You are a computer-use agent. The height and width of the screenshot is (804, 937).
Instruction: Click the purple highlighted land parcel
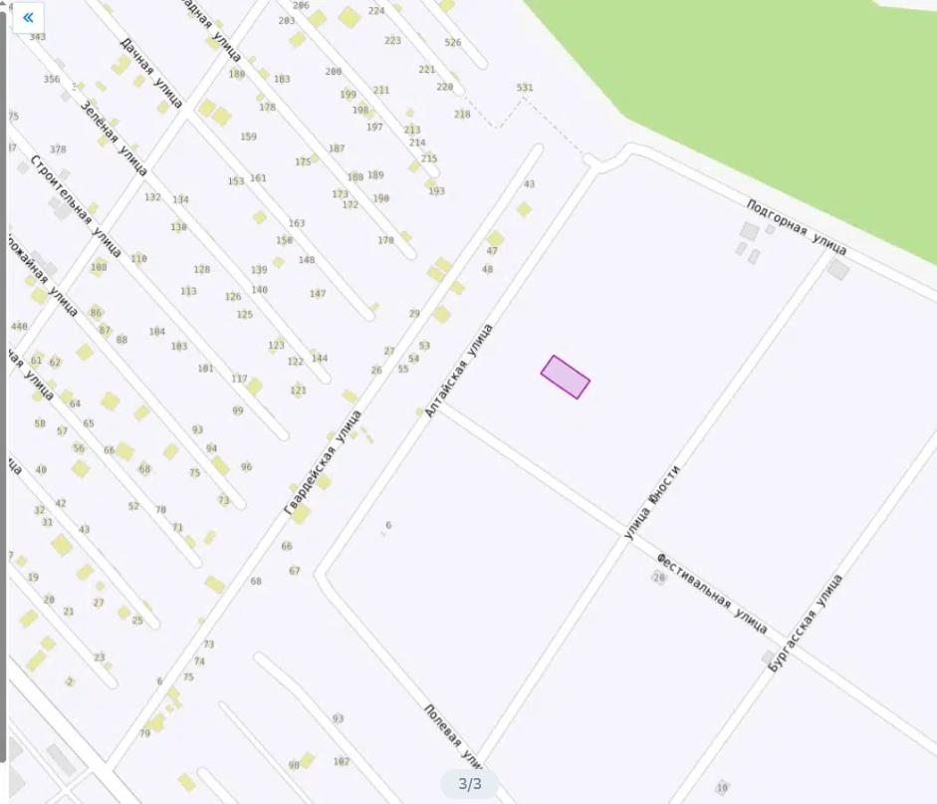[x=565, y=377]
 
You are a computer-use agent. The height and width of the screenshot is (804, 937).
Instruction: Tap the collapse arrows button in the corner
[x=28, y=17]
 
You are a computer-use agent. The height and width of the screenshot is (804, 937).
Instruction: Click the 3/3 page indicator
[x=469, y=784]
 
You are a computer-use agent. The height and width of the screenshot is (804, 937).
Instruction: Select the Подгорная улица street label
[x=797, y=226]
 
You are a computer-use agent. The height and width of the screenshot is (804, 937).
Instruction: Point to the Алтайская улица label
[x=459, y=370]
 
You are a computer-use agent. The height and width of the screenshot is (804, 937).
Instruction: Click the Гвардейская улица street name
[x=322, y=462]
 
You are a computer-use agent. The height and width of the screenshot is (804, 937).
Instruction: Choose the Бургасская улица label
[x=806, y=622]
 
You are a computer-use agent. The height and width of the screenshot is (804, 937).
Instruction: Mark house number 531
[x=525, y=88]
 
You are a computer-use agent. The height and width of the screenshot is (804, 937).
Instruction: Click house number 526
[x=453, y=42]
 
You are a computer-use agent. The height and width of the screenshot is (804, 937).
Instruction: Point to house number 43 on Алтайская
[x=529, y=184]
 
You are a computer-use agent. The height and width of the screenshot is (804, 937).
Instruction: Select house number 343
[x=38, y=37]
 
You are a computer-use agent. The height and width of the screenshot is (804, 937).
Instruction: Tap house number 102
[x=342, y=761]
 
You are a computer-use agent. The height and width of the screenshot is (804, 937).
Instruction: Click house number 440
[x=19, y=327]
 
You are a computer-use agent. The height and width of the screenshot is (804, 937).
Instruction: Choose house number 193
[x=436, y=191]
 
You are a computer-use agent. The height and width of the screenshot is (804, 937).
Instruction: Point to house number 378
[x=58, y=149]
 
